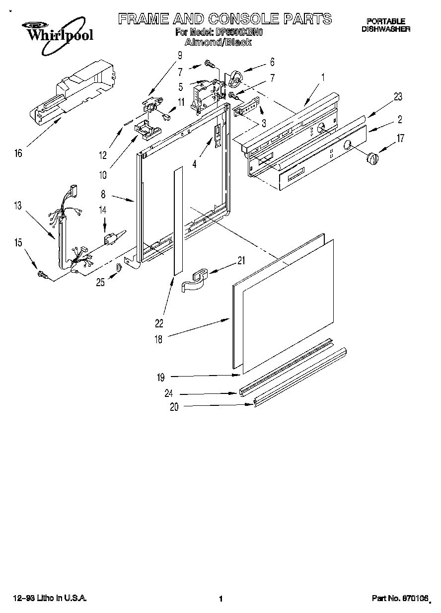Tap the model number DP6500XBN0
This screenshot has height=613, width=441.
pyautogui.click(x=240, y=32)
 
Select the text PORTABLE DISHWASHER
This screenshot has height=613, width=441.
pyautogui.click(x=385, y=25)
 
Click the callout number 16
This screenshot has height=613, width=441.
pyautogui.click(x=18, y=153)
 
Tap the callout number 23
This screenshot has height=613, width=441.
pyautogui.click(x=397, y=97)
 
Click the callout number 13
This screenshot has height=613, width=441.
pyautogui.click(x=18, y=205)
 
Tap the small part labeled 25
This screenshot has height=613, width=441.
pyautogui.click(x=119, y=268)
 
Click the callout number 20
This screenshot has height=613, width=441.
pyautogui.click(x=173, y=407)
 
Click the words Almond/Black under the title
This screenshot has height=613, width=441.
pyautogui.click(x=219, y=43)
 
